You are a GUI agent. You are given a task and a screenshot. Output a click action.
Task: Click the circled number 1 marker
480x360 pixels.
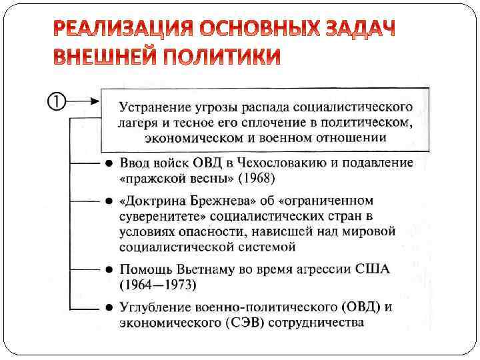coord(56,102)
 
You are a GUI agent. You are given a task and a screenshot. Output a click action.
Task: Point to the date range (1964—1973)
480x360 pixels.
coord(157,285)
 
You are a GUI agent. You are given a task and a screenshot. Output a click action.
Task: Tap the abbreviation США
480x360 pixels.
coord(373,270)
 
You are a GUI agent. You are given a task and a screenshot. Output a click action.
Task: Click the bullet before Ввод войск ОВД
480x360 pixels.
coord(109,164)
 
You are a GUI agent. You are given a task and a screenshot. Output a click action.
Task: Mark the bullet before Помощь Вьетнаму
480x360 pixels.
coord(109,271)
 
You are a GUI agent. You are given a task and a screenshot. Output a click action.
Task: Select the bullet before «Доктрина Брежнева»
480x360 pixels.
coord(109,201)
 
